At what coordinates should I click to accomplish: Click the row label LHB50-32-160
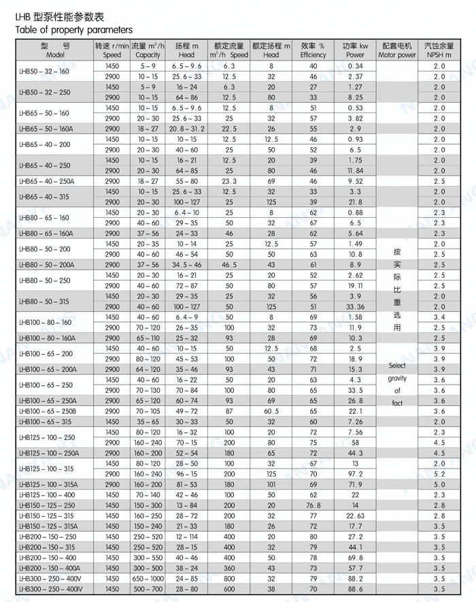44,72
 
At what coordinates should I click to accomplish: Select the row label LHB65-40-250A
46,181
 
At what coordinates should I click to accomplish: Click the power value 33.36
355,306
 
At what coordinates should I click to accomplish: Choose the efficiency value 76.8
313,505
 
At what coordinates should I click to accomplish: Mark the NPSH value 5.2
439,474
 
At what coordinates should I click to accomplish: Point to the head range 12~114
186,537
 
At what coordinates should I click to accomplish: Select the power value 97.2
355,474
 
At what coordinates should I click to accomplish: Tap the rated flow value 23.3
229,181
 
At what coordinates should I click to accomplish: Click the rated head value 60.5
271,411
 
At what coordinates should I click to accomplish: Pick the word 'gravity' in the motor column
397,379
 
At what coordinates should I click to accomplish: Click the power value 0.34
355,66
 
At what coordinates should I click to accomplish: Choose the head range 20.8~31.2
186,129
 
